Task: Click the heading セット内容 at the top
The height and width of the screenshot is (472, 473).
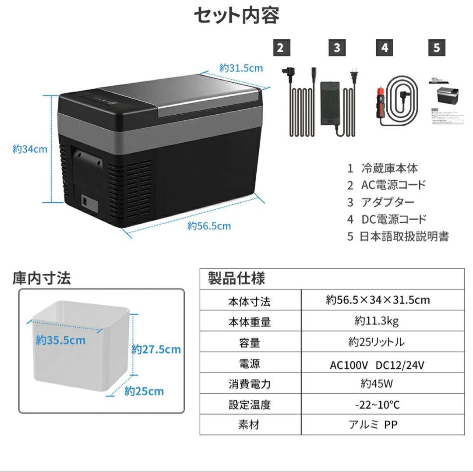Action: (x=236, y=16)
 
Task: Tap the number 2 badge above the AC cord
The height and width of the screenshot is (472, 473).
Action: (x=281, y=47)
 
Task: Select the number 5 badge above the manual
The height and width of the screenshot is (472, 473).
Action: (x=436, y=47)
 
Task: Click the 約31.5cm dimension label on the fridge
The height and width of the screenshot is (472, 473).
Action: (x=241, y=68)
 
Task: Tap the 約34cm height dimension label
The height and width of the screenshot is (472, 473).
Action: (x=30, y=149)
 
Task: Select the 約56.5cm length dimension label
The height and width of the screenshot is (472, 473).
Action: (x=209, y=226)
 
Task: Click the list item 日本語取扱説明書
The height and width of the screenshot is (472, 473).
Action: (x=404, y=237)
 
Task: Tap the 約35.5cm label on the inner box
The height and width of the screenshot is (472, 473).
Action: (x=61, y=340)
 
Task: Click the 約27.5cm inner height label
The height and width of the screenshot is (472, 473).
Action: (x=156, y=349)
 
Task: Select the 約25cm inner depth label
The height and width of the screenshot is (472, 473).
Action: (x=144, y=391)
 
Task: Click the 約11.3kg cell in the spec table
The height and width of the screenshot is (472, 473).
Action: (x=377, y=321)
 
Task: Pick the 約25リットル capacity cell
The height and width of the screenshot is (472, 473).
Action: (x=377, y=342)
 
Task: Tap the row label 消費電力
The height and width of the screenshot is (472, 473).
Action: (x=250, y=384)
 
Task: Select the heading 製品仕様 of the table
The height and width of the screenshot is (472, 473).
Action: (x=236, y=278)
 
